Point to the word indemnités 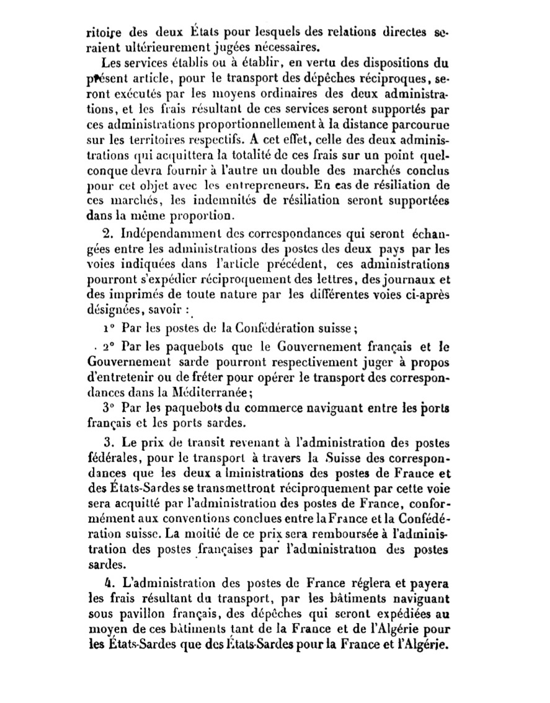pos(211,201)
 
